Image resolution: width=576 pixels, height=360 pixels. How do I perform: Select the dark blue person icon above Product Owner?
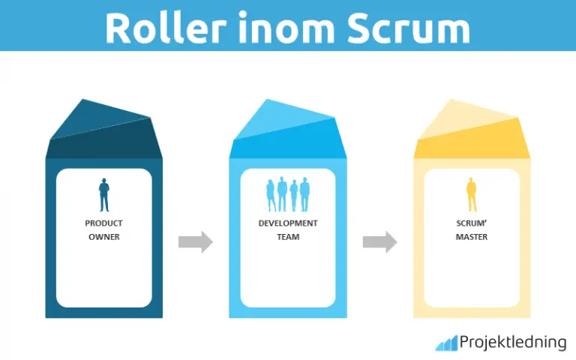click(x=103, y=195)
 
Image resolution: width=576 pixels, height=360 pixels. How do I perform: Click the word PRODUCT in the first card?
click(x=103, y=223)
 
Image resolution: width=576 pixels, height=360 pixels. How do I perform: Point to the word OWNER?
click(x=103, y=237)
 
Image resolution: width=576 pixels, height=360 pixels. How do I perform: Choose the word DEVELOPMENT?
click(x=288, y=223)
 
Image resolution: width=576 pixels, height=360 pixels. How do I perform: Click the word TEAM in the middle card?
click(x=288, y=237)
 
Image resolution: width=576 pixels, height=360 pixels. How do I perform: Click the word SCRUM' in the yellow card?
click(x=472, y=223)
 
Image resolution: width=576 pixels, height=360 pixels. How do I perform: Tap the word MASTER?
click(x=472, y=237)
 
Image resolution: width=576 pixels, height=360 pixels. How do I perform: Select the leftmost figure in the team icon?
click(x=271, y=197)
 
